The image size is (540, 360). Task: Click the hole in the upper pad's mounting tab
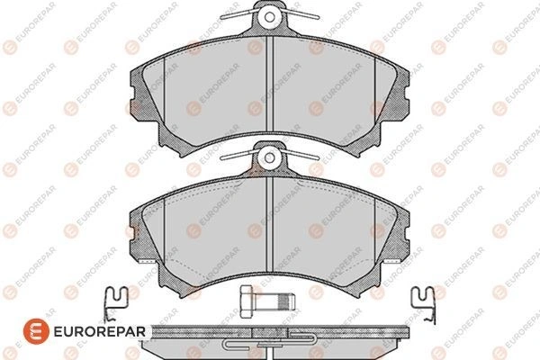coord(270,17)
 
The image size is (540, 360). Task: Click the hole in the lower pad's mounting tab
coord(270,157)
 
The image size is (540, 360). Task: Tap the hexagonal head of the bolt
coord(246,301)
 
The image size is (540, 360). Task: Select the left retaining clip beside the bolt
coord(116,304)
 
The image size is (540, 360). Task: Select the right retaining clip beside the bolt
coord(424,304)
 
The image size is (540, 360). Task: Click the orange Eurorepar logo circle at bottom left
coord(36,331)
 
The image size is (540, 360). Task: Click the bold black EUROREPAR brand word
coord(100,332)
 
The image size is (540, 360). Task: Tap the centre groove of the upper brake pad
coord(269,84)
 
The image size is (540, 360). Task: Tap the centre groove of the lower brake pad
coord(269,224)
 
